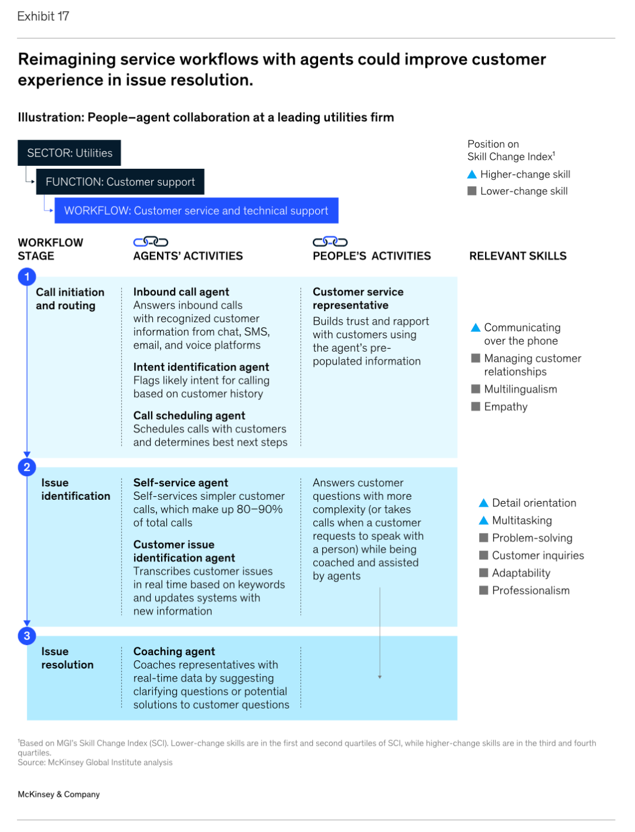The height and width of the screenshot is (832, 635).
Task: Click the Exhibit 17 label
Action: (43, 16)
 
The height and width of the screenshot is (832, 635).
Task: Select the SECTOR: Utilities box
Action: (69, 153)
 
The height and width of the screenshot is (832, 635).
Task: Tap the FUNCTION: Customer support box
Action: (120, 182)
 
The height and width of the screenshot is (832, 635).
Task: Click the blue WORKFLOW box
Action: (196, 210)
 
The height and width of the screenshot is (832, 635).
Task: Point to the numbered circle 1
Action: (27, 277)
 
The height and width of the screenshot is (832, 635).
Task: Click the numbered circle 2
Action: (27, 467)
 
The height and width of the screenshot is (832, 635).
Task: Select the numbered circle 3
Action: (27, 636)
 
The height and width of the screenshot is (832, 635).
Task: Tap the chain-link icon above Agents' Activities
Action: (151, 242)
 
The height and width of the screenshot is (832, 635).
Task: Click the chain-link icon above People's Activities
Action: (330, 242)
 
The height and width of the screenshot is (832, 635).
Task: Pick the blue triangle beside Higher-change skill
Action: (472, 174)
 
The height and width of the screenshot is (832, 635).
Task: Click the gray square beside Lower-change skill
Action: (472, 191)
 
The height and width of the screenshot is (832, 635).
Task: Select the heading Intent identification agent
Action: (201, 367)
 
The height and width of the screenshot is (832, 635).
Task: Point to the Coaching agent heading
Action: (174, 651)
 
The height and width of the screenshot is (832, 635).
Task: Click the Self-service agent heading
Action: (181, 483)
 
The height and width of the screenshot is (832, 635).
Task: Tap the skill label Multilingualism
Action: (520, 389)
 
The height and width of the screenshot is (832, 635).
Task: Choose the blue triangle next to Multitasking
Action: (483, 520)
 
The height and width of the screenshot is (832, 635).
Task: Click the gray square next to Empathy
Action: (476, 406)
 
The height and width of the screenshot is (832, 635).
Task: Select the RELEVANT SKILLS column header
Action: (518, 256)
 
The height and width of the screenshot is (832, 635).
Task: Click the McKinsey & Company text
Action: (59, 794)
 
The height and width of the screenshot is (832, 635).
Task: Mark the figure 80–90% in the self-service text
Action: (259, 509)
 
